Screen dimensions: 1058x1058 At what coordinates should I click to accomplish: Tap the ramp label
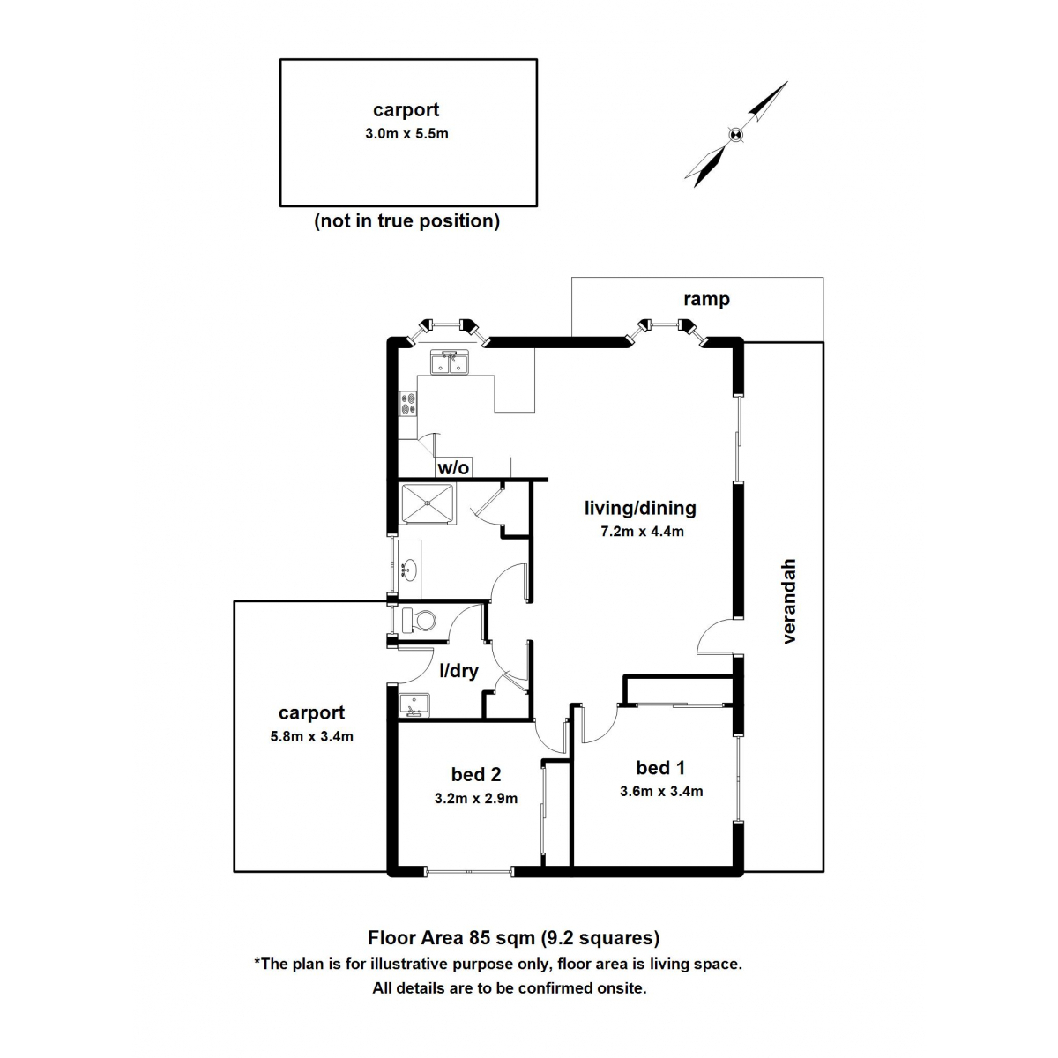pyautogui.click(x=706, y=299)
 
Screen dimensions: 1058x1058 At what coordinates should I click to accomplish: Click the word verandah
pyautogui.click(x=789, y=600)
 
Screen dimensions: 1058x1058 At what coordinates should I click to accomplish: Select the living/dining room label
pyautogui.click(x=640, y=508)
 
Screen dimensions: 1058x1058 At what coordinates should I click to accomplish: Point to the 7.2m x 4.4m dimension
pyautogui.click(x=642, y=531)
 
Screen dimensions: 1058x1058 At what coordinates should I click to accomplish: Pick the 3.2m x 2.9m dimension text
pyautogui.click(x=475, y=799)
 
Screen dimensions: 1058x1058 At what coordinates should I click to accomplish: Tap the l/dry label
pyautogui.click(x=458, y=671)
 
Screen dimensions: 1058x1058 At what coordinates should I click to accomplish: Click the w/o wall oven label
pyautogui.click(x=452, y=468)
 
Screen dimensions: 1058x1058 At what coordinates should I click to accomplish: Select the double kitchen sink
pyautogui.click(x=450, y=361)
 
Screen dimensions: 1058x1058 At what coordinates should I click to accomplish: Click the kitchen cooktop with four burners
pyautogui.click(x=409, y=404)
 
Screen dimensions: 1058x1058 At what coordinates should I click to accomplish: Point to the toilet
pyautogui.click(x=419, y=620)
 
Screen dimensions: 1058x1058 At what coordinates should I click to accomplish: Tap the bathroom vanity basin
pyautogui.click(x=408, y=569)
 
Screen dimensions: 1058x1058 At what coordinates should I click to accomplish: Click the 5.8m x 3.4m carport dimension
pyautogui.click(x=311, y=736)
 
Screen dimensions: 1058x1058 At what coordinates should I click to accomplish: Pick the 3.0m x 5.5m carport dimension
pyautogui.click(x=406, y=134)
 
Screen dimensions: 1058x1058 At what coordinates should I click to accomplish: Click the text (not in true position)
pyautogui.click(x=407, y=220)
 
